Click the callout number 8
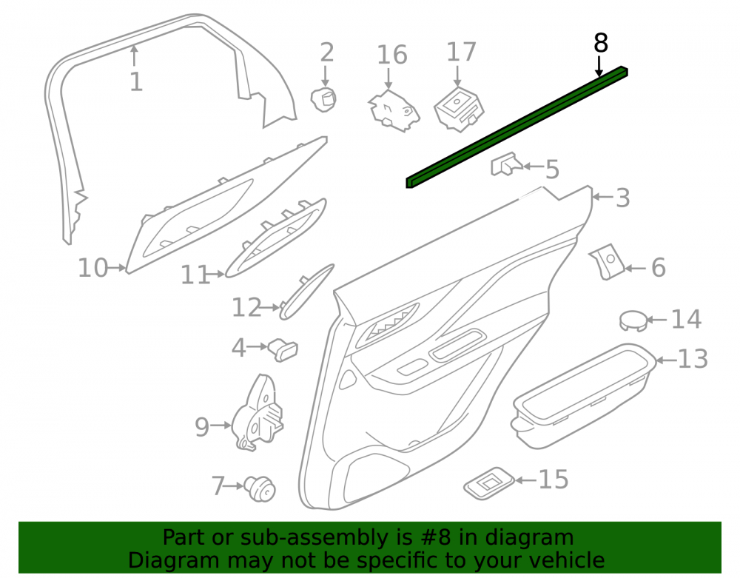[600, 44]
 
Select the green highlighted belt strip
[517, 127]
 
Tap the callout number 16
[391, 55]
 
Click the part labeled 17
[459, 110]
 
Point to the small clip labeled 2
[323, 100]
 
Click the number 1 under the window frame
[136, 82]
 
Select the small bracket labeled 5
[506, 164]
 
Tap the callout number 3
[623, 198]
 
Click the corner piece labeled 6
[607, 262]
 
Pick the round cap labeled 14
[633, 321]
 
